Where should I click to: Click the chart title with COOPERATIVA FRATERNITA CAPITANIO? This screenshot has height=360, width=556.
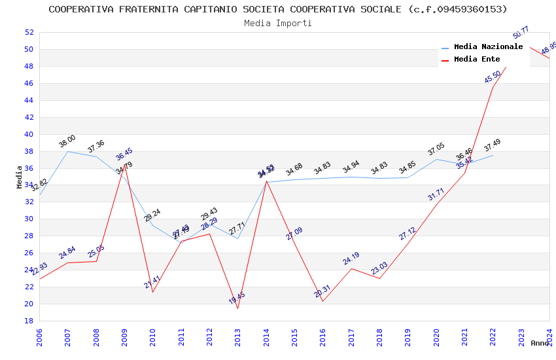click(x=278, y=9)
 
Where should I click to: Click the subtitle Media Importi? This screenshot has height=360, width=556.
click(x=278, y=23)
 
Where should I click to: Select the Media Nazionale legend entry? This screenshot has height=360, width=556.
click(x=488, y=47)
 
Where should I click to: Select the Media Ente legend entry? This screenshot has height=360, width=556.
click(x=477, y=60)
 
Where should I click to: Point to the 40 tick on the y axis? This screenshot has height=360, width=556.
click(x=29, y=134)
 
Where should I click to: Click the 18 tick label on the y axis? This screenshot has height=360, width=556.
click(x=29, y=321)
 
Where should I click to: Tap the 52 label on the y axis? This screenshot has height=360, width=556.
click(x=29, y=32)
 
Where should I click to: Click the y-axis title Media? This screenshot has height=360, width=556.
click(x=20, y=177)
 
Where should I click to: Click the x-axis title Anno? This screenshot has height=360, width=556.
click(x=540, y=343)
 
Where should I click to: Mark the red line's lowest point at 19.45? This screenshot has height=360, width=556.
click(x=237, y=308)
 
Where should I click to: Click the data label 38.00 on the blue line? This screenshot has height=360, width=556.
click(x=67, y=141)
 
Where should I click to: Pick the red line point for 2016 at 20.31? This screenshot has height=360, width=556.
click(x=322, y=301)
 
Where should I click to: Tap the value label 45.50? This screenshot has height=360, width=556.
click(x=493, y=77)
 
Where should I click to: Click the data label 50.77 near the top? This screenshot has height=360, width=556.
click(x=521, y=32)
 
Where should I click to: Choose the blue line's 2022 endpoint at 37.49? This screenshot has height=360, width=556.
click(x=493, y=155)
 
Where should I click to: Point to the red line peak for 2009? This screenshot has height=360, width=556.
click(x=124, y=164)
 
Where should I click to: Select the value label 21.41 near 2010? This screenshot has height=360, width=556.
click(x=152, y=283)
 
